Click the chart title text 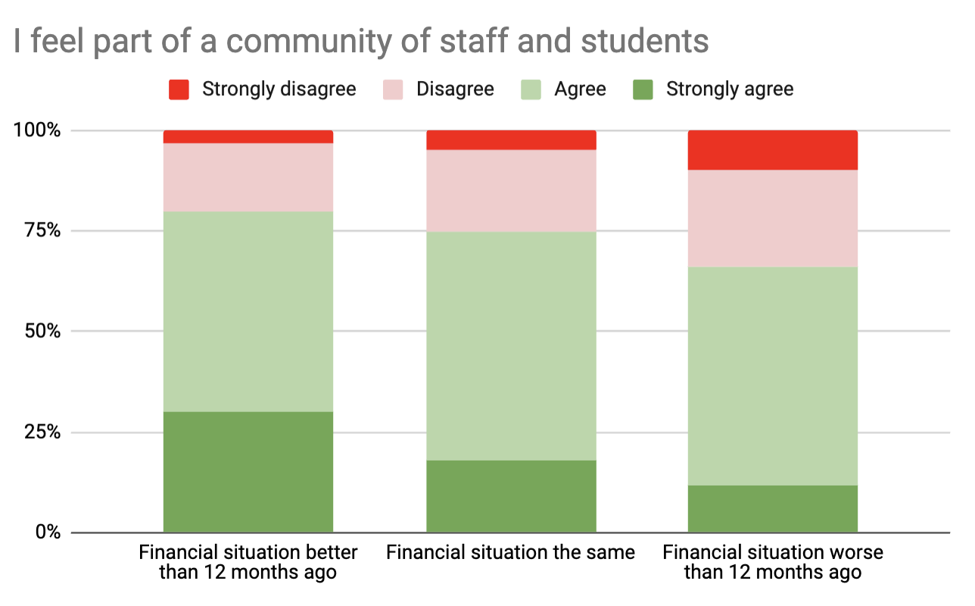coord(361,42)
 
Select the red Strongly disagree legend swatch coord(179,89)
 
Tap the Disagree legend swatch coord(393,89)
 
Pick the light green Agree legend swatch coord(531,89)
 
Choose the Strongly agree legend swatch coord(642,89)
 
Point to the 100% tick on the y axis coord(37,130)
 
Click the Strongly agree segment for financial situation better coord(248,472)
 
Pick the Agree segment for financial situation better coord(248,311)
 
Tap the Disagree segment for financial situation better coord(248,177)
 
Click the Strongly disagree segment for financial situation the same coord(511,140)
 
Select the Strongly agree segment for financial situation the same coord(511,496)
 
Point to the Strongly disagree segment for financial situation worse coord(773,150)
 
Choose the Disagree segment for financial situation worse coord(773,218)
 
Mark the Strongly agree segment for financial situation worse coord(773,508)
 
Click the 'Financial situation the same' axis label coord(510,552)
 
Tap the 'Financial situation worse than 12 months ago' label coord(773,562)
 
